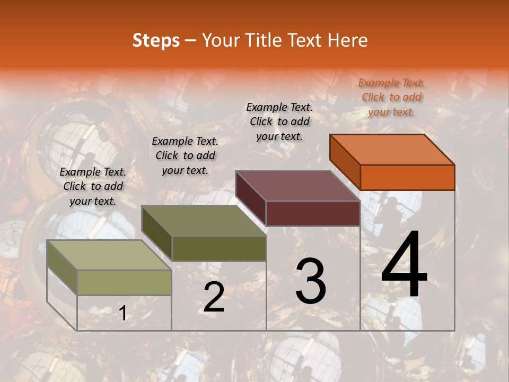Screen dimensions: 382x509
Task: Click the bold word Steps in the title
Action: pyautogui.click(x=156, y=40)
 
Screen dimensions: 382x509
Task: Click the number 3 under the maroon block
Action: pyautogui.click(x=311, y=281)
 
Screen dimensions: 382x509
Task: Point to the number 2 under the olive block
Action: pyautogui.click(x=214, y=297)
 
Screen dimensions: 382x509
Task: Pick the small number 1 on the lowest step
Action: pyautogui.click(x=122, y=314)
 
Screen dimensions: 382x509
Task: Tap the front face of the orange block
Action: pyautogui.click(x=407, y=177)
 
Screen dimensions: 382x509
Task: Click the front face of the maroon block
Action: pyautogui.click(x=313, y=213)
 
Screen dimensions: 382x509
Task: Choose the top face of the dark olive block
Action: pyautogui.click(x=204, y=220)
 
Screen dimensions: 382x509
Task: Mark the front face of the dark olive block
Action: pyautogui.click(x=219, y=248)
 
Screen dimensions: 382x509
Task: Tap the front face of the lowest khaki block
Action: pyautogui.click(x=125, y=282)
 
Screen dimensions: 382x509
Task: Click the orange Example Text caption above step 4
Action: pyautogui.click(x=391, y=97)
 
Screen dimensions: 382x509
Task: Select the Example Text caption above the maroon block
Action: pyautogui.click(x=279, y=121)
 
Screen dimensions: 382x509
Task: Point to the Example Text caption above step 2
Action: pyautogui.click(x=185, y=155)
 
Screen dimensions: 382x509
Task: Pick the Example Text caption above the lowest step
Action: pyautogui.click(x=93, y=186)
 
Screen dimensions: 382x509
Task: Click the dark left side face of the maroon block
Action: pyautogui.click(x=251, y=197)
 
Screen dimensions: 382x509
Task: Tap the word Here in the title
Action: pyautogui.click(x=347, y=40)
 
